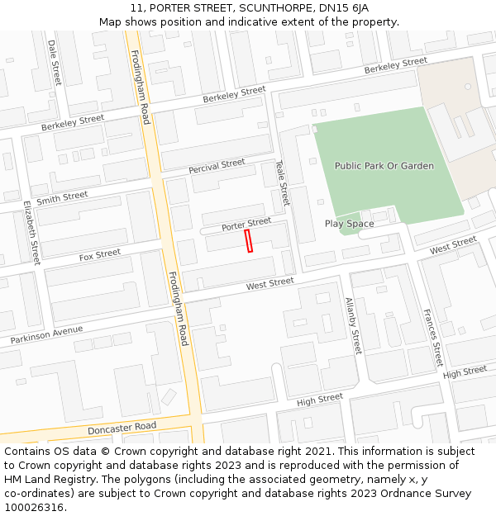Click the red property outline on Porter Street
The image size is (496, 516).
coord(248,240)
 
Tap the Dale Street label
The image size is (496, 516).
coord(55,62)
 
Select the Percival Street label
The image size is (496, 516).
coord(217,166)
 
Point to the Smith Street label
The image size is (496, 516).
coord(62,198)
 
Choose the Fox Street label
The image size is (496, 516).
coord(99,255)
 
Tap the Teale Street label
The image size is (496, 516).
coord(283,183)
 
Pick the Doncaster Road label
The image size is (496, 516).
coord(122,428)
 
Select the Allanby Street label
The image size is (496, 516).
coord(353,325)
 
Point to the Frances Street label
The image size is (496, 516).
coord(433,338)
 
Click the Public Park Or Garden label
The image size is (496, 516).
coord(384,166)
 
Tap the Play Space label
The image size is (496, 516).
coord(349,224)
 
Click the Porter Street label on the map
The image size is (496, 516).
coord(246,224)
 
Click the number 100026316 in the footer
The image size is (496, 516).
coord(34,508)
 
